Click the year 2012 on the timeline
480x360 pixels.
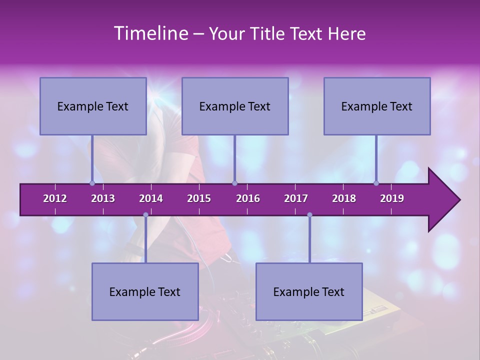55,198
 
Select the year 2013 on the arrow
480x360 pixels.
103,198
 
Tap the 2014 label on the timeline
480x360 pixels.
151,198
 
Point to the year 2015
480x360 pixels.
199,198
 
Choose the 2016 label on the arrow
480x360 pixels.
248,198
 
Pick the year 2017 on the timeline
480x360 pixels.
296,198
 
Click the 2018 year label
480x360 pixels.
344,198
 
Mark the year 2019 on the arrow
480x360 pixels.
392,198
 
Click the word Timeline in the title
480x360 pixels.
150,33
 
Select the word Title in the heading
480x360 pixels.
268,34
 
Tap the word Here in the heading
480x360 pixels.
347,34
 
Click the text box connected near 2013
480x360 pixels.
93,106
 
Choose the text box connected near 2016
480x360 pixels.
235,106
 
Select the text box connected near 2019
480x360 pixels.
377,106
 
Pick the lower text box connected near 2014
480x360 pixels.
145,291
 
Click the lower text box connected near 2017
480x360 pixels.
309,291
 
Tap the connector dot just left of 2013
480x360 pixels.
92,183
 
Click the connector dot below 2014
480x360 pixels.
145,215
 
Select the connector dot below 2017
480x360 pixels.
309,215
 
